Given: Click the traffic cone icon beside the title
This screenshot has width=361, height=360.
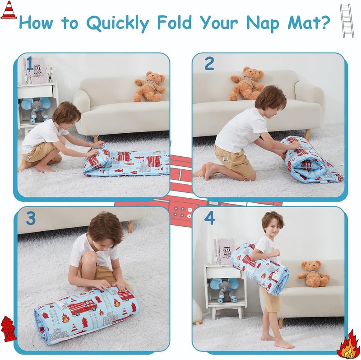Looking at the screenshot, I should tap(8, 10).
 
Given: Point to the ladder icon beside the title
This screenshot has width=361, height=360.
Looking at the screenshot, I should tap(346, 20).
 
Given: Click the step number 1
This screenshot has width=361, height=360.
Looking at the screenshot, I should tap(30, 64).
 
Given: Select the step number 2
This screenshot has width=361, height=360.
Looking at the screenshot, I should tap(209, 64).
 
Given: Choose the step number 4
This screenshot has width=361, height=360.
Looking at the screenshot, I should tap(209, 218).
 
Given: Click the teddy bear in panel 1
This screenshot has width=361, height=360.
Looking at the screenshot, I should tap(149, 86).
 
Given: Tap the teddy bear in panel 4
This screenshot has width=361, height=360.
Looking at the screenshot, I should tap(313, 273).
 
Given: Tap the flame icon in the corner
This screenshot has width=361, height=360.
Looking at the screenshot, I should tap(348, 345).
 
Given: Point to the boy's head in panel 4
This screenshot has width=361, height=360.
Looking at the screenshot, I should tap(272, 223).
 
